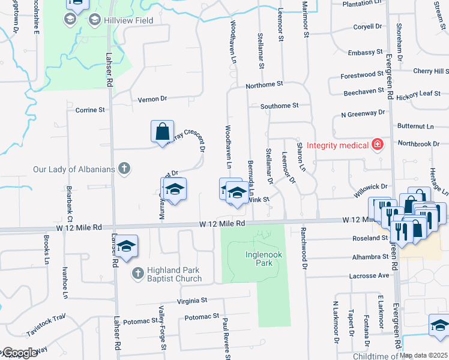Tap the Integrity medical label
[337, 145]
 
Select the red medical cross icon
[377, 145]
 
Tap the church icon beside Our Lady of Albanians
[124, 169]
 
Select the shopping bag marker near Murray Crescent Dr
[163, 131]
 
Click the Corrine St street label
[90, 110]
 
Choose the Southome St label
[279, 106]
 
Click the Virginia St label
[191, 300]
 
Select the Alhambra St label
[369, 257]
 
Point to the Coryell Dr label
[367, 26]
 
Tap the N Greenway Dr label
[363, 113]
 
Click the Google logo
[19, 353]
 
